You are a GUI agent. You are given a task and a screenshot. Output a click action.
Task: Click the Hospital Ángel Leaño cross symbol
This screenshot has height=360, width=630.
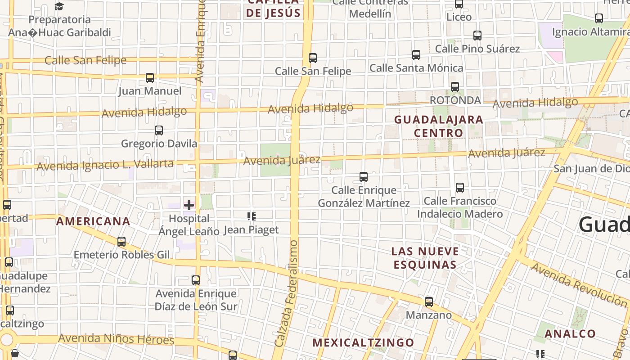[x=189, y=205]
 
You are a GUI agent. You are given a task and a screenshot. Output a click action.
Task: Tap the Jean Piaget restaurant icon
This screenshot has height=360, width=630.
[x=252, y=216]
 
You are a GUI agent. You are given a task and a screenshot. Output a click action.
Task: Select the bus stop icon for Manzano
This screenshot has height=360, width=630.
[x=429, y=301]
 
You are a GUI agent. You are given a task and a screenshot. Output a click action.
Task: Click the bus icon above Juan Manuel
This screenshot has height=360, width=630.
[x=150, y=78]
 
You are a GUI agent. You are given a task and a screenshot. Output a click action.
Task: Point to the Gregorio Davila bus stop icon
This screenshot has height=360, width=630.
[x=159, y=130]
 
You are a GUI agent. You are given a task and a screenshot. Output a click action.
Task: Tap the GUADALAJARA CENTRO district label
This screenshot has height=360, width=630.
[x=438, y=126]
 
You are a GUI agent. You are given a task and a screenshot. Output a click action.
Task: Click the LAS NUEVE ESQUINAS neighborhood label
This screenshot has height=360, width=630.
[x=425, y=258]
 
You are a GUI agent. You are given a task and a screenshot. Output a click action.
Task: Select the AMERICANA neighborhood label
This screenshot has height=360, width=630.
[x=93, y=221]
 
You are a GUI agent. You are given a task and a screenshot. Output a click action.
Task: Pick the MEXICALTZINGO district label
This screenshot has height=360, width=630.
[x=363, y=342]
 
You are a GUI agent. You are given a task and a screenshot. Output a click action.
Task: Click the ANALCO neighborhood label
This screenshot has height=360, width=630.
[x=570, y=334]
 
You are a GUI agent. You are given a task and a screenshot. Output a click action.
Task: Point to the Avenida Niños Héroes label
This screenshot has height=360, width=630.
[x=116, y=339]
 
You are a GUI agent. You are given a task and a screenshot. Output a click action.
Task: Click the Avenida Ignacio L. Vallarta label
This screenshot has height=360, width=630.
[x=105, y=165]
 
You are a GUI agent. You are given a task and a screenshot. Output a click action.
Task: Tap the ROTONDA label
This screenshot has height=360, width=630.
[x=455, y=100]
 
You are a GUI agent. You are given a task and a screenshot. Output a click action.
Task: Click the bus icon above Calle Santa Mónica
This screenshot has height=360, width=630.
[x=416, y=55]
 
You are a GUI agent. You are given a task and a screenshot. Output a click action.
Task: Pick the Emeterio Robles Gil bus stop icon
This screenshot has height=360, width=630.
[x=121, y=242]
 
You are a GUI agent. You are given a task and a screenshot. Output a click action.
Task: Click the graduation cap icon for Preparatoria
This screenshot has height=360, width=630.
[x=59, y=6]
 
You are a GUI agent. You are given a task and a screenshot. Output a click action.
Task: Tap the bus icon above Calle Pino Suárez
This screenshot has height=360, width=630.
[x=477, y=35]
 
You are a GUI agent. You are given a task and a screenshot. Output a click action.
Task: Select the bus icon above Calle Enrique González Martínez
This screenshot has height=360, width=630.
[x=364, y=177]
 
